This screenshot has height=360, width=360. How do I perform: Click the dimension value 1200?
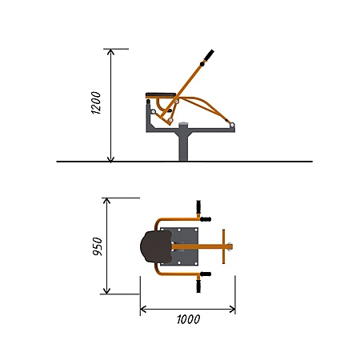[96, 103]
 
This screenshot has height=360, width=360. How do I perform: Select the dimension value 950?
[98, 246]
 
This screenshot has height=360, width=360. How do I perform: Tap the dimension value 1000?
[189, 319]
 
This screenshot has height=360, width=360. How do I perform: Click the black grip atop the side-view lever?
[209, 54]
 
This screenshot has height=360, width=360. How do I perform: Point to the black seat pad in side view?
[161, 95]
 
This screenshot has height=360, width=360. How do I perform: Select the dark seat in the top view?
[156, 246]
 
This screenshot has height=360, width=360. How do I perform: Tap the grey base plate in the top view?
[179, 246]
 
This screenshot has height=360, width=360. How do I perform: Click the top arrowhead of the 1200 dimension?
[110, 52]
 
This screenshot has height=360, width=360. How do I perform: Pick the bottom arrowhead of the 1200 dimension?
[110, 159]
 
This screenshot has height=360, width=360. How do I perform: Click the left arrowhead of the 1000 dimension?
[143, 310]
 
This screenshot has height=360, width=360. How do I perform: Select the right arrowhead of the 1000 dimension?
[232, 310]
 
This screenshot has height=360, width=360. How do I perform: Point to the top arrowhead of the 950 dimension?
[106, 201]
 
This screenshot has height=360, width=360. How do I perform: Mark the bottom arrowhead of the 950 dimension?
[106, 291]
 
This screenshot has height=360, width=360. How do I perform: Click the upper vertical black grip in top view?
[198, 206]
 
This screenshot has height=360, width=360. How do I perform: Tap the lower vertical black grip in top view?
[198, 286]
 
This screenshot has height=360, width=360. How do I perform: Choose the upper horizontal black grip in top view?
[206, 219]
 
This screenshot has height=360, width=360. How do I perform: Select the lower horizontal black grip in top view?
[206, 274]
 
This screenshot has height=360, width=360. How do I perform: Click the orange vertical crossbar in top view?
[224, 246]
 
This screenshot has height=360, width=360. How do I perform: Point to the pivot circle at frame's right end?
[232, 125]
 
